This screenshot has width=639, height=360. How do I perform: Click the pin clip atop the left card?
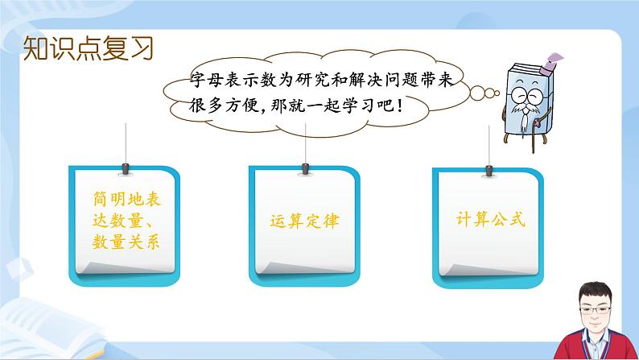(x=125, y=168)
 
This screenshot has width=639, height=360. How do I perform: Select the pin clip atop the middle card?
(x=305, y=168)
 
